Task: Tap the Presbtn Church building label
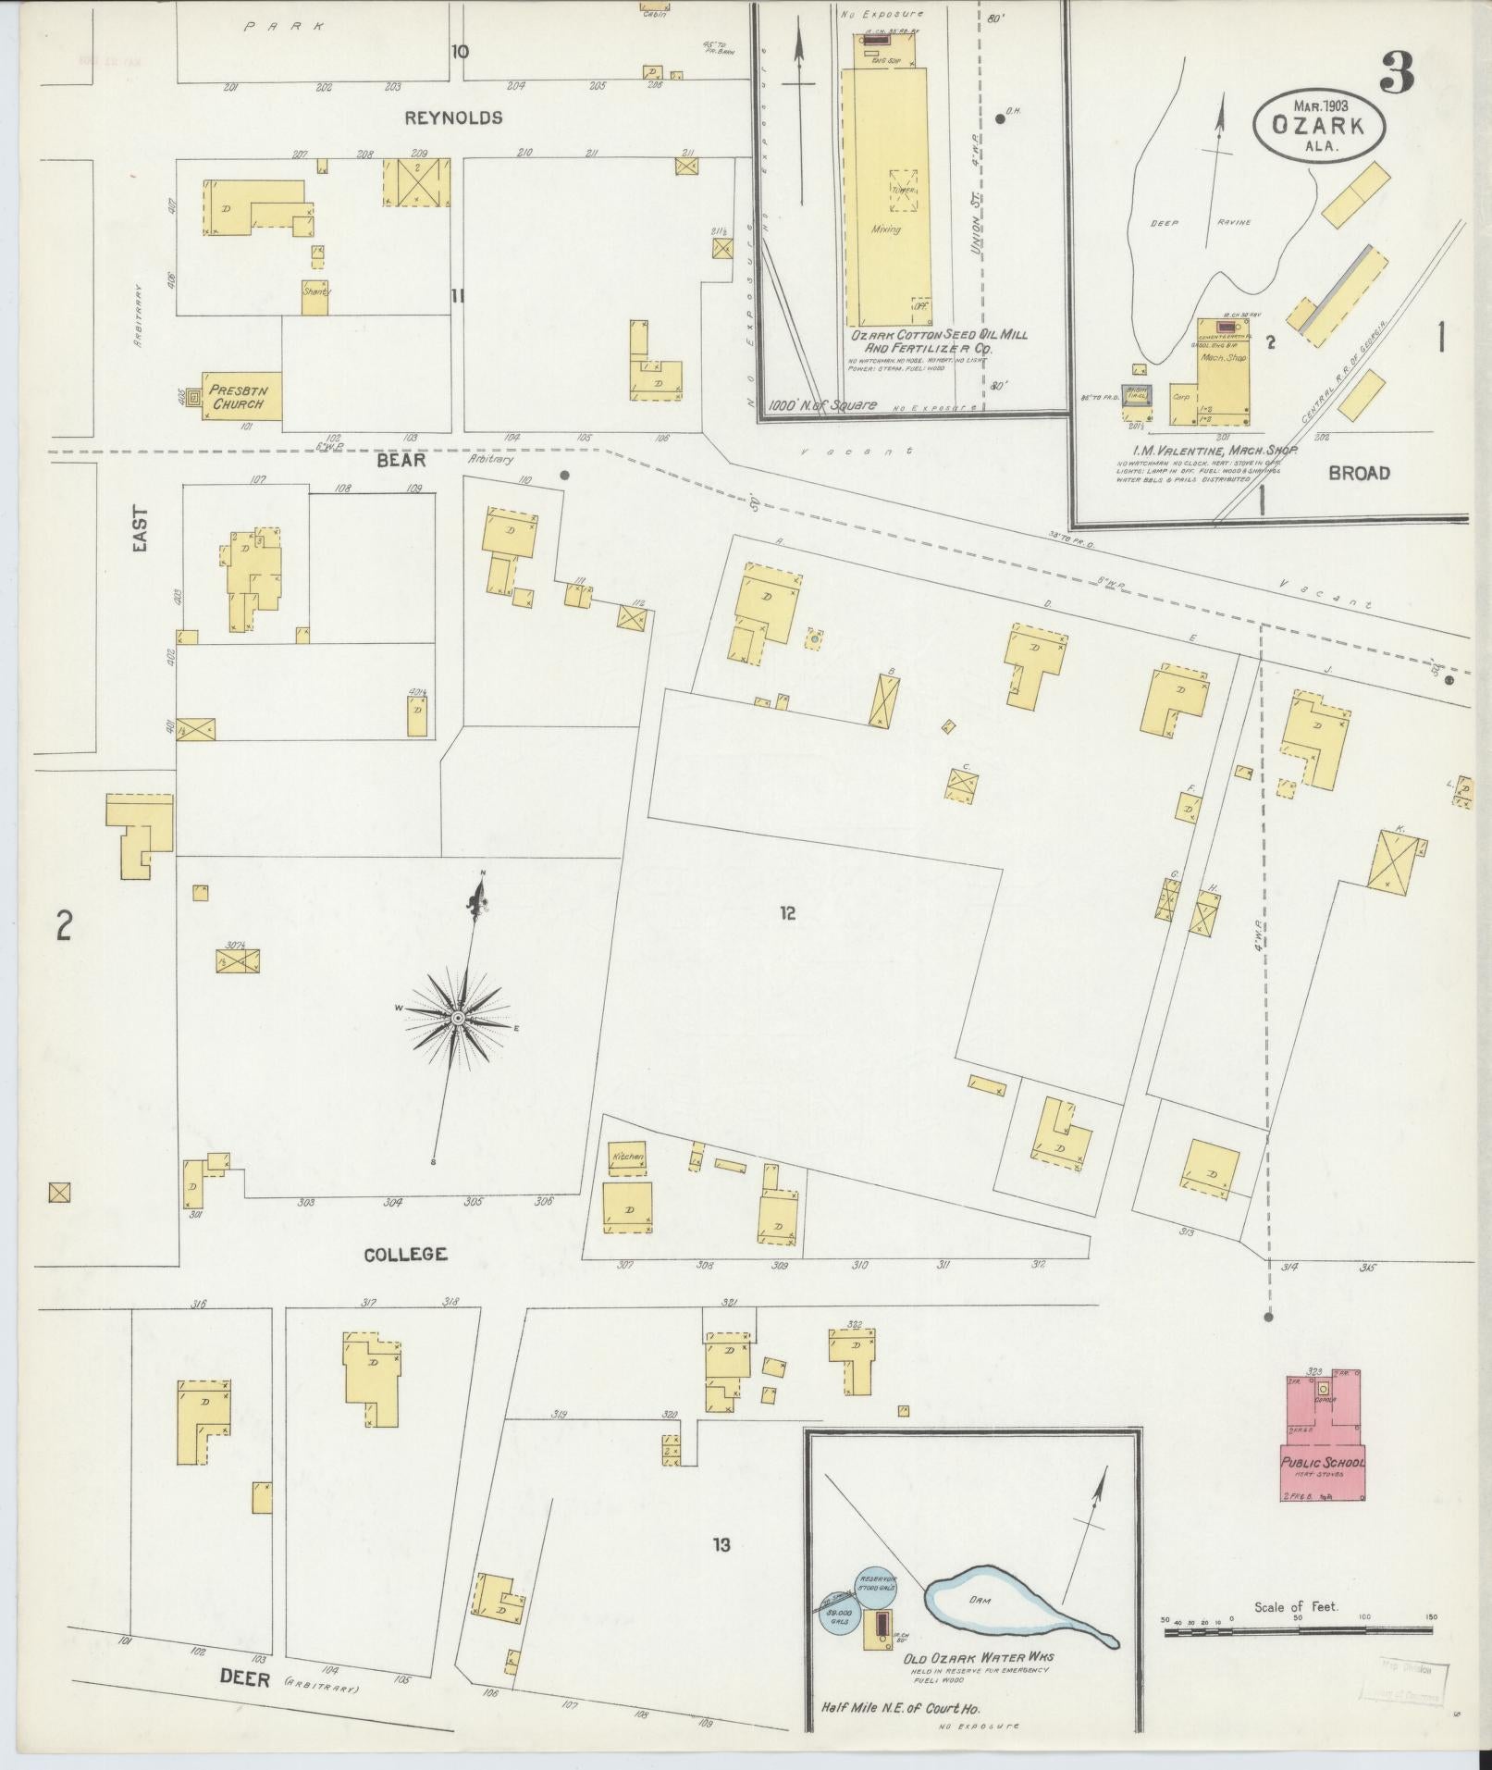tap(238, 397)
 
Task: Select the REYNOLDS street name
tap(453, 118)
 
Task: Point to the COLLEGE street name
tap(405, 1255)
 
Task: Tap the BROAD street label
tap(1359, 473)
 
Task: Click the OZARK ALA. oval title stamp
tap(1320, 121)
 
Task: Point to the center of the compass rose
tap(457, 1018)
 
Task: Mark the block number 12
tap(786, 914)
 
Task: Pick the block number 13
tap(721, 1544)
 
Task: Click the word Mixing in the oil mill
tap(885, 229)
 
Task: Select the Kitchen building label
tap(626, 1157)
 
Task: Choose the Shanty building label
tap(315, 291)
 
